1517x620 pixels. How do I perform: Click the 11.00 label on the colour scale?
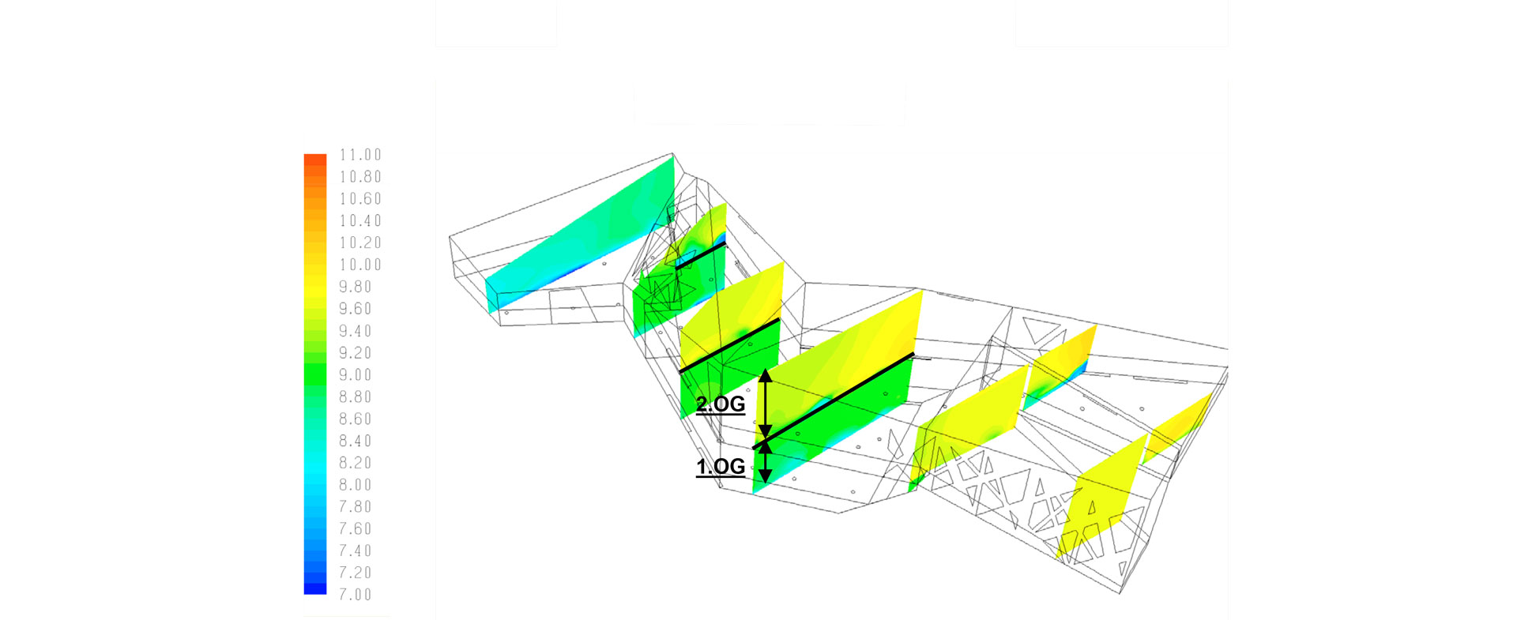(x=360, y=155)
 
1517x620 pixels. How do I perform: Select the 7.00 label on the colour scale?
(x=356, y=595)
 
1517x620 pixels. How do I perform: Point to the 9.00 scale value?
(x=356, y=375)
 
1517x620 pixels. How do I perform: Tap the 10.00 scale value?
(x=360, y=265)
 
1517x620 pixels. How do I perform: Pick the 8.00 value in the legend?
(x=356, y=485)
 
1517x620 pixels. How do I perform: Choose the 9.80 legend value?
(x=356, y=287)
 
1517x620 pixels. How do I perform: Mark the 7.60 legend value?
(x=356, y=529)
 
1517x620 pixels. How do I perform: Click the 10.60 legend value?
(x=360, y=199)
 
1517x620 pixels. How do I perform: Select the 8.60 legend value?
(x=356, y=419)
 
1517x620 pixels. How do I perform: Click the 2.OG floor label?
(x=721, y=404)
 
